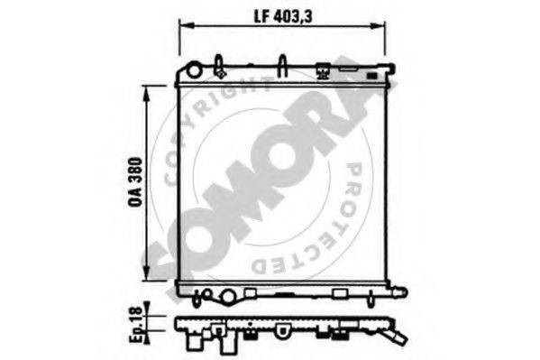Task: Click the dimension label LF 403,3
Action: tap(283, 16)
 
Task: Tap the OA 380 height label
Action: tap(135, 181)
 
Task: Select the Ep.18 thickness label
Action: tap(135, 324)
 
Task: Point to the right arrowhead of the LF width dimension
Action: tap(378, 25)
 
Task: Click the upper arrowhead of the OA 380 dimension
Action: tap(147, 94)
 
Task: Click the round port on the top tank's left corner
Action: tap(194, 70)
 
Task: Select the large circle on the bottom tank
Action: tap(227, 297)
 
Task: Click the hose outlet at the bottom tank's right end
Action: tap(399, 292)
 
